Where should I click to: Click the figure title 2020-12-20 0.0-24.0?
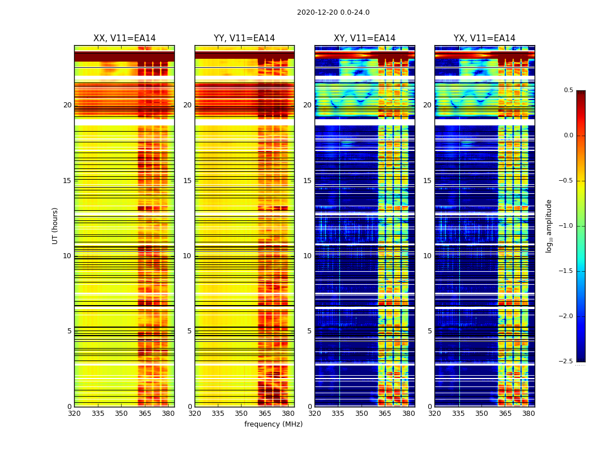click(333, 12)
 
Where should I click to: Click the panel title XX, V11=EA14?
click(124, 38)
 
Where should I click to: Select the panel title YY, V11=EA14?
click(244, 38)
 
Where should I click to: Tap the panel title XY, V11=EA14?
click(364, 38)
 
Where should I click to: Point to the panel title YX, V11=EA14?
click(484, 38)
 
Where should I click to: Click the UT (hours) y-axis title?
click(55, 225)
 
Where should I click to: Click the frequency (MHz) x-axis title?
click(273, 424)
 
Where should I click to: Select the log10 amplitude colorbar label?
click(549, 225)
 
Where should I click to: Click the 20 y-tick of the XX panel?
click(67, 105)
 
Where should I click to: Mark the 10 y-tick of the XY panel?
click(307, 256)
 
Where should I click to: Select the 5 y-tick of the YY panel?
click(190, 331)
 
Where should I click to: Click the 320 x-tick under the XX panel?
click(74, 414)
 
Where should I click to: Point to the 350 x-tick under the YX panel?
click(481, 414)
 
